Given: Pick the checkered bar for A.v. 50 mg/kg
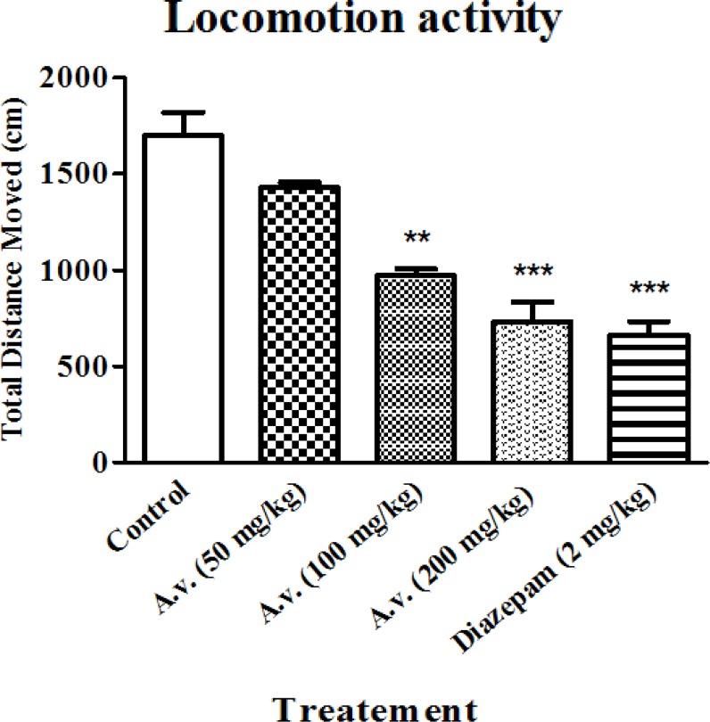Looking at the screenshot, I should tap(299, 324).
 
